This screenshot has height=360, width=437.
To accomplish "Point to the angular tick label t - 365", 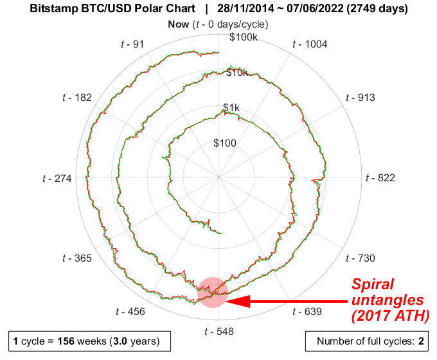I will pos(76,258).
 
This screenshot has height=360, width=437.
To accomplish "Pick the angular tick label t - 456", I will pos(130,312).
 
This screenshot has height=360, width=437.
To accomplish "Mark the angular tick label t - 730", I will pos(360,258).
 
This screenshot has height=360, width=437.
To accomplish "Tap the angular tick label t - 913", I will pos(360,98).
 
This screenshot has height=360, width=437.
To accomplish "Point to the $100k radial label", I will pos(244,37).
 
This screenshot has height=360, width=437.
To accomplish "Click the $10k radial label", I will pos(237,73).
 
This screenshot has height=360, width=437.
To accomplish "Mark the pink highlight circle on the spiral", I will pos(213,292).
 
